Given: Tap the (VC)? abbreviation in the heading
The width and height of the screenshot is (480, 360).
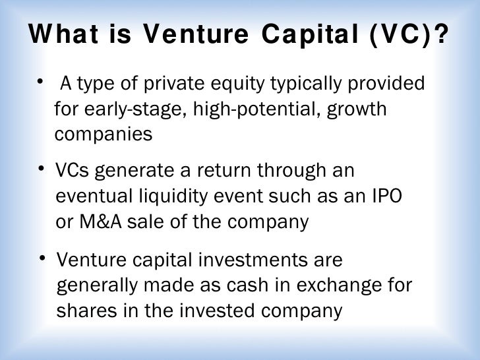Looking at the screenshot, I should tap(409, 34).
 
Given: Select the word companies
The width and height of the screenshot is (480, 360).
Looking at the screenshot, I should tap(103, 134).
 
